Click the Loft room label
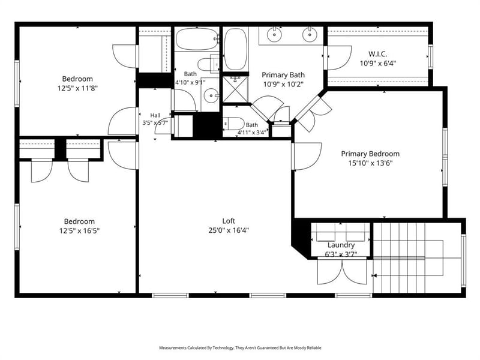(x=229, y=221)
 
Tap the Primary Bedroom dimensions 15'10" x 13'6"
(x=370, y=163)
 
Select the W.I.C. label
(x=378, y=54)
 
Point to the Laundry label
(x=341, y=245)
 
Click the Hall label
(x=155, y=115)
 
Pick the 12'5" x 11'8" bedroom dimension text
(x=77, y=88)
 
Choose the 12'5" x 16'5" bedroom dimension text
(x=80, y=231)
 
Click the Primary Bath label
(x=283, y=75)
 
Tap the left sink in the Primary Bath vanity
(x=274, y=35)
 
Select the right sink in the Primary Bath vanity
(x=310, y=34)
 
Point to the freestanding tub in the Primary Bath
(x=235, y=49)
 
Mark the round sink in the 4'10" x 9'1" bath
(x=211, y=96)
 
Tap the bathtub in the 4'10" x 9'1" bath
(x=197, y=39)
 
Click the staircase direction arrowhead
(x=374, y=276)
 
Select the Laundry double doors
(x=342, y=272)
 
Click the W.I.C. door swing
(x=339, y=58)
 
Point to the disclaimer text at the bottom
(x=240, y=348)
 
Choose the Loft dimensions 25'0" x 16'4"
(x=229, y=230)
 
